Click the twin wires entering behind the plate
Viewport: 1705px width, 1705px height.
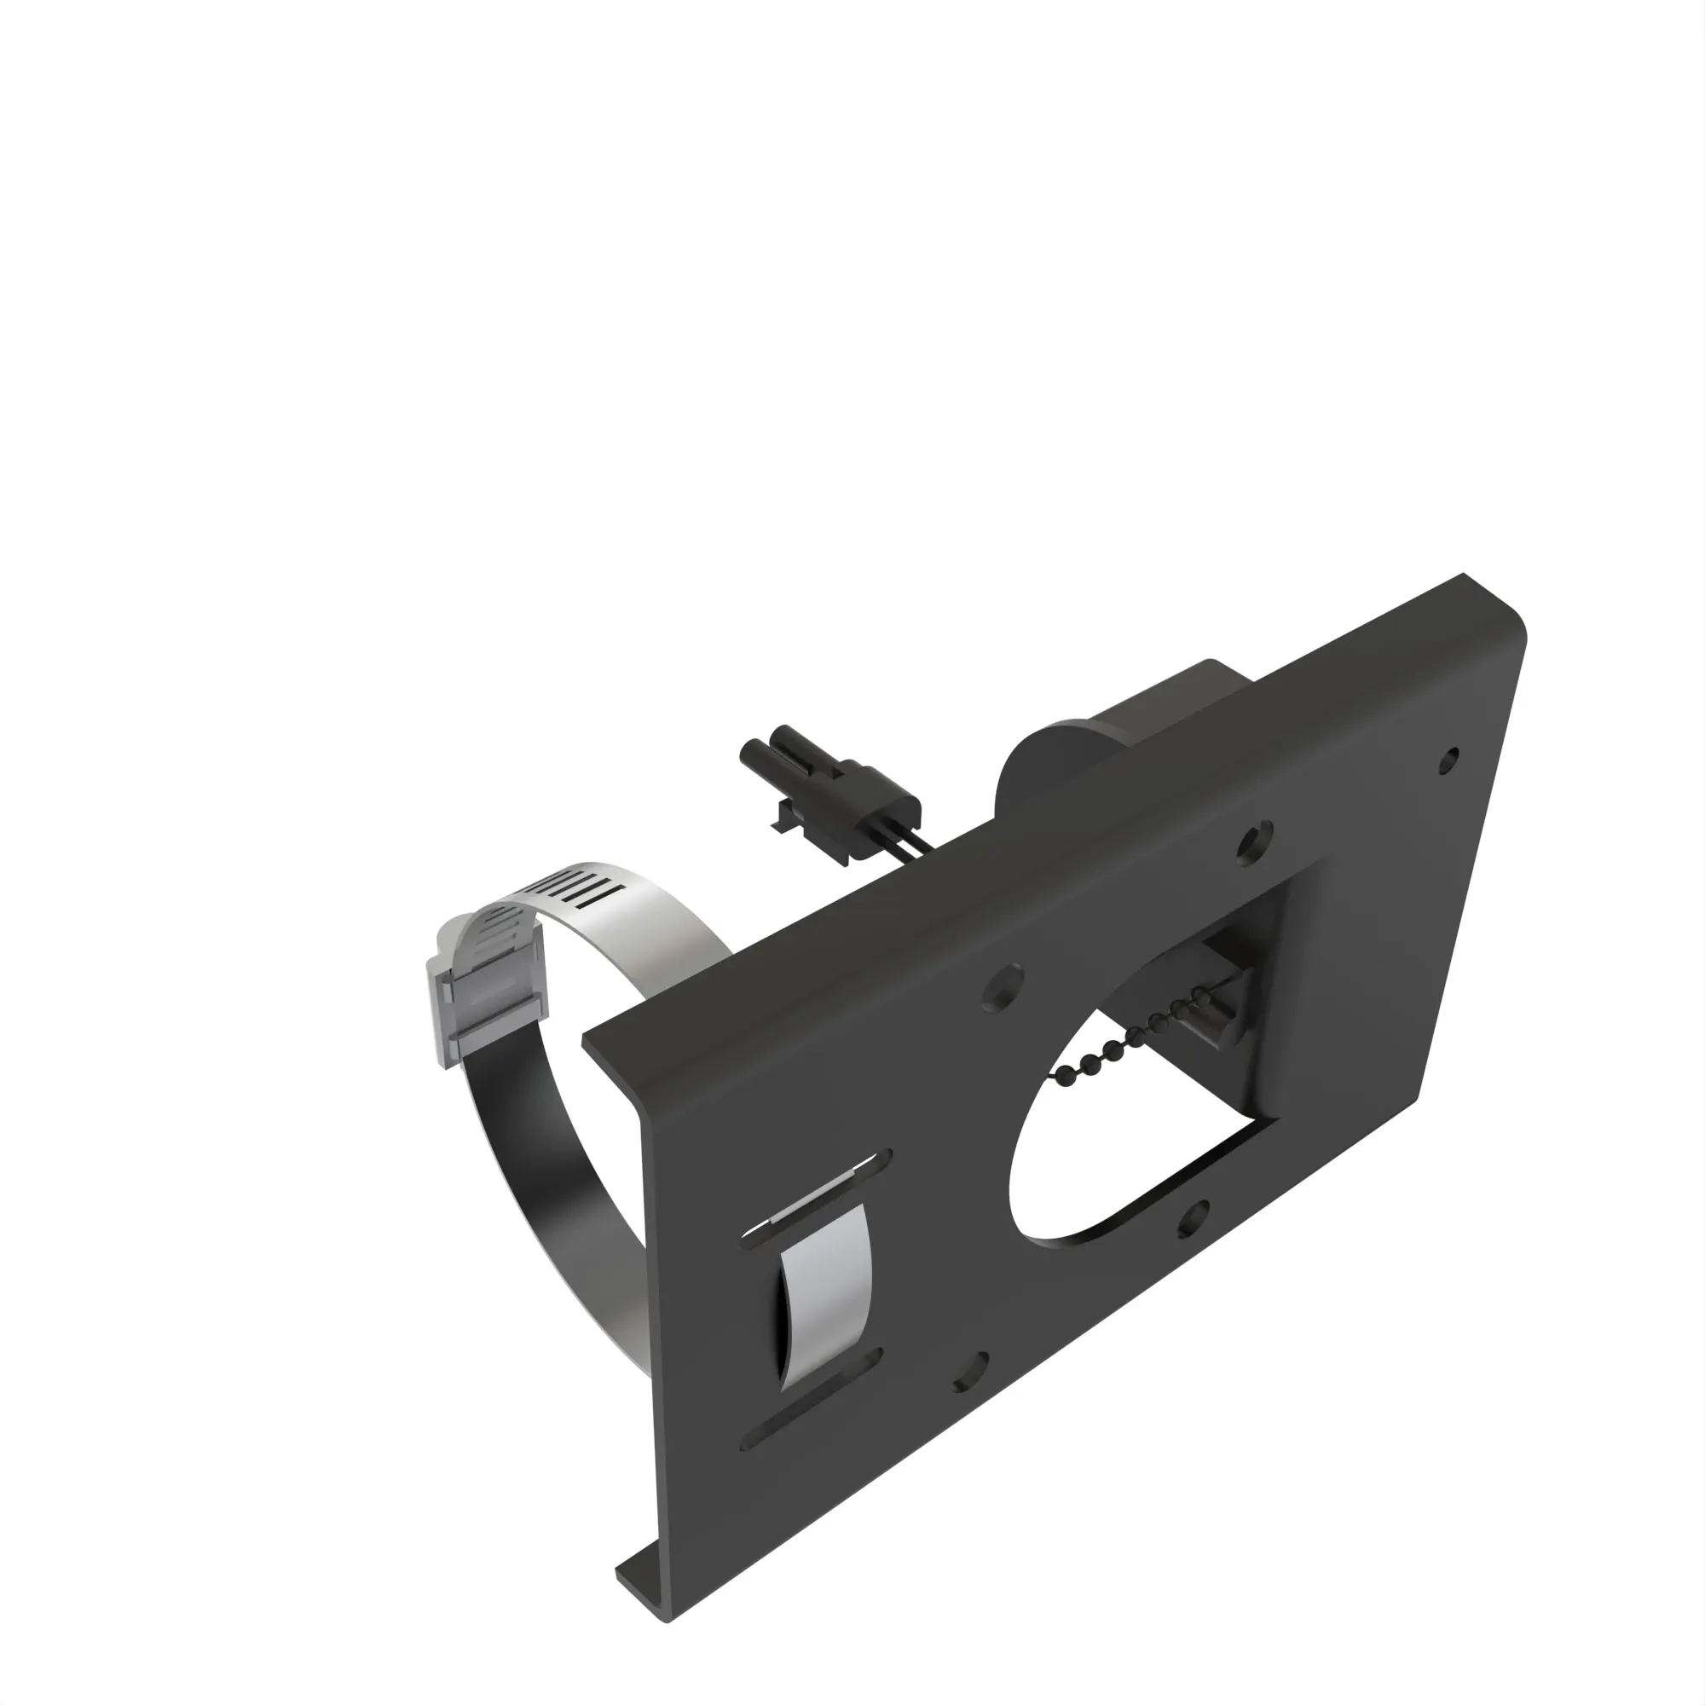[x=914, y=843]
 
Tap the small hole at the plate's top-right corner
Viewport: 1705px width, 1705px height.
[x=1448, y=759]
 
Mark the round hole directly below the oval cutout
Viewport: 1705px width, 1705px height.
[x=1193, y=1221]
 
